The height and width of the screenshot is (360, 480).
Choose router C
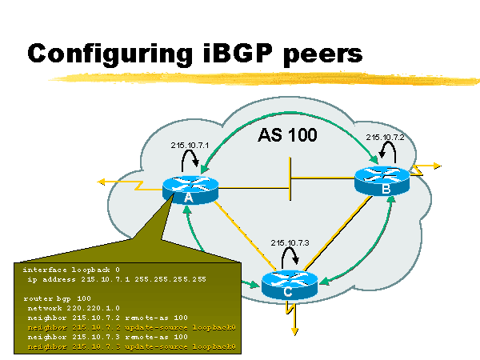[289, 286]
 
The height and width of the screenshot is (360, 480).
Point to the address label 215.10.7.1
[190, 146]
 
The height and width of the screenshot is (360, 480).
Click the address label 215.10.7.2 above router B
[386, 138]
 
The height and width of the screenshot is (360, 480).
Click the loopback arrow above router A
[190, 162]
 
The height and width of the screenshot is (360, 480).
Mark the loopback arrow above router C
[289, 258]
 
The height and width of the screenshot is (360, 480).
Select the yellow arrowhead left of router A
[102, 182]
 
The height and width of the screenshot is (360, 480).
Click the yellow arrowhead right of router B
[437, 166]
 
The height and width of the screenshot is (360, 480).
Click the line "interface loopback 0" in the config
[68, 270]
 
